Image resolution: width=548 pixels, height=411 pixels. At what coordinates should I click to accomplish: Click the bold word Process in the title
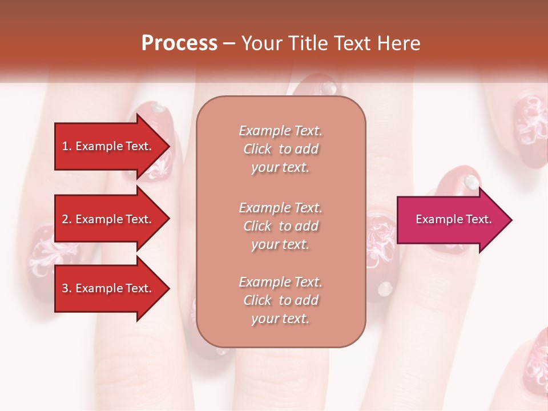[x=179, y=43]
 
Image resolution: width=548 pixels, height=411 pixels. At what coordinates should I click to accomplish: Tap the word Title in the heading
[x=308, y=43]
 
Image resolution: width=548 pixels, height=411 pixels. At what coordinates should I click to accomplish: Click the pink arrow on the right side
[x=451, y=220]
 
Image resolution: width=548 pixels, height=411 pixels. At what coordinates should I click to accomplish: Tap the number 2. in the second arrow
[x=67, y=219]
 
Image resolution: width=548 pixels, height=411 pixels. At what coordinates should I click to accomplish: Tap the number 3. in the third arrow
[x=67, y=288]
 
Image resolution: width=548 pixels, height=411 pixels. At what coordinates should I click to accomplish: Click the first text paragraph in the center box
[x=281, y=149]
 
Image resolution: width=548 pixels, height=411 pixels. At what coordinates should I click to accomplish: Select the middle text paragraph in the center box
[x=281, y=226]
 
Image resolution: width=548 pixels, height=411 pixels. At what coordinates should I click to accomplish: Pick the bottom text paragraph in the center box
[x=281, y=300]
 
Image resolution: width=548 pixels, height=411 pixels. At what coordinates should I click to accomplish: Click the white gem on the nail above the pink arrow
[x=472, y=182]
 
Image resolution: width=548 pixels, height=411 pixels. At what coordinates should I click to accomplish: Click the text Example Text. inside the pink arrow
[x=453, y=219]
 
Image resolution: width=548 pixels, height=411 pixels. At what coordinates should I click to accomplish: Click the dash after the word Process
[x=229, y=44]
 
